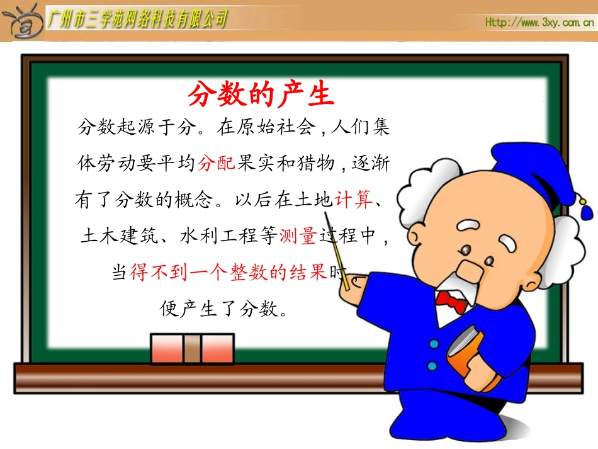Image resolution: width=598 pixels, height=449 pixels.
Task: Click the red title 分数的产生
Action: (260, 95)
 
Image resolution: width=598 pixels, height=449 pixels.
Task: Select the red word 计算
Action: (354, 200)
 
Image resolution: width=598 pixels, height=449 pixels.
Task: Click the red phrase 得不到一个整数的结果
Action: (228, 272)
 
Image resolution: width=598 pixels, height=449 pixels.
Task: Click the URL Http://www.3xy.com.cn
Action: (539, 22)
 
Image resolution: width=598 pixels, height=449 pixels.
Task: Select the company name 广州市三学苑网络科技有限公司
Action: (137, 20)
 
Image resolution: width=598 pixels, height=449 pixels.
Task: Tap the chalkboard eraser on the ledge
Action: (192, 348)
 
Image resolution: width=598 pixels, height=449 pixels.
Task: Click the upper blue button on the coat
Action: (434, 344)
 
